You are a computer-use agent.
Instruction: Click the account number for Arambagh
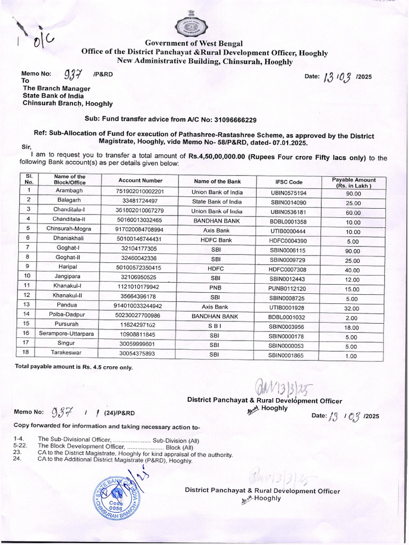[x=140, y=192]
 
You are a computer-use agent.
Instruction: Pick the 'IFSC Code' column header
[x=288, y=181]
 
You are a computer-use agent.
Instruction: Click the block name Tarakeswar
[x=70, y=353]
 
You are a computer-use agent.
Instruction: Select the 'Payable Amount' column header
[x=353, y=182]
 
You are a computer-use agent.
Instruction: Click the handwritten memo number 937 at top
[x=73, y=75]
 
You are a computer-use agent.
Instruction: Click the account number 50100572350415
[x=140, y=268]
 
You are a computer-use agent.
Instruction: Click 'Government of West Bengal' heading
[x=193, y=43]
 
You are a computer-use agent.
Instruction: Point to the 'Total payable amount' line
[x=73, y=367]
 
